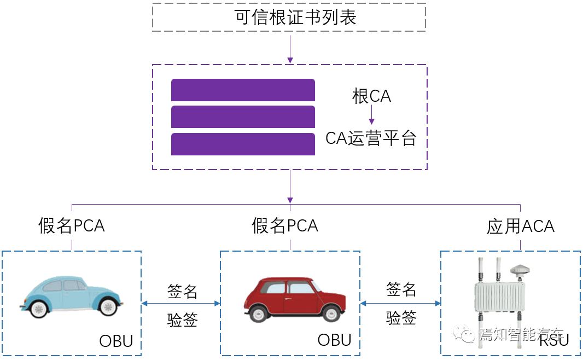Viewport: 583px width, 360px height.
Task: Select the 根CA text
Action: point(371,97)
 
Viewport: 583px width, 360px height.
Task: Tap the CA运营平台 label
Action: point(371,138)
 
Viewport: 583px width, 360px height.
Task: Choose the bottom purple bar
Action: point(243,144)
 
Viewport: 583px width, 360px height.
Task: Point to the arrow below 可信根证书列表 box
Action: point(290,51)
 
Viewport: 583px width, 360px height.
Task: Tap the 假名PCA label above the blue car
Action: point(72,225)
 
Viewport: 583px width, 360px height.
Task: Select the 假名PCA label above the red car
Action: point(285,225)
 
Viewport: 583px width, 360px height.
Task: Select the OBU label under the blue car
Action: point(116,341)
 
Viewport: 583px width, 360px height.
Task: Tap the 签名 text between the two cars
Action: point(182,292)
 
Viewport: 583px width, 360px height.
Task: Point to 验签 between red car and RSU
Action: point(401,318)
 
